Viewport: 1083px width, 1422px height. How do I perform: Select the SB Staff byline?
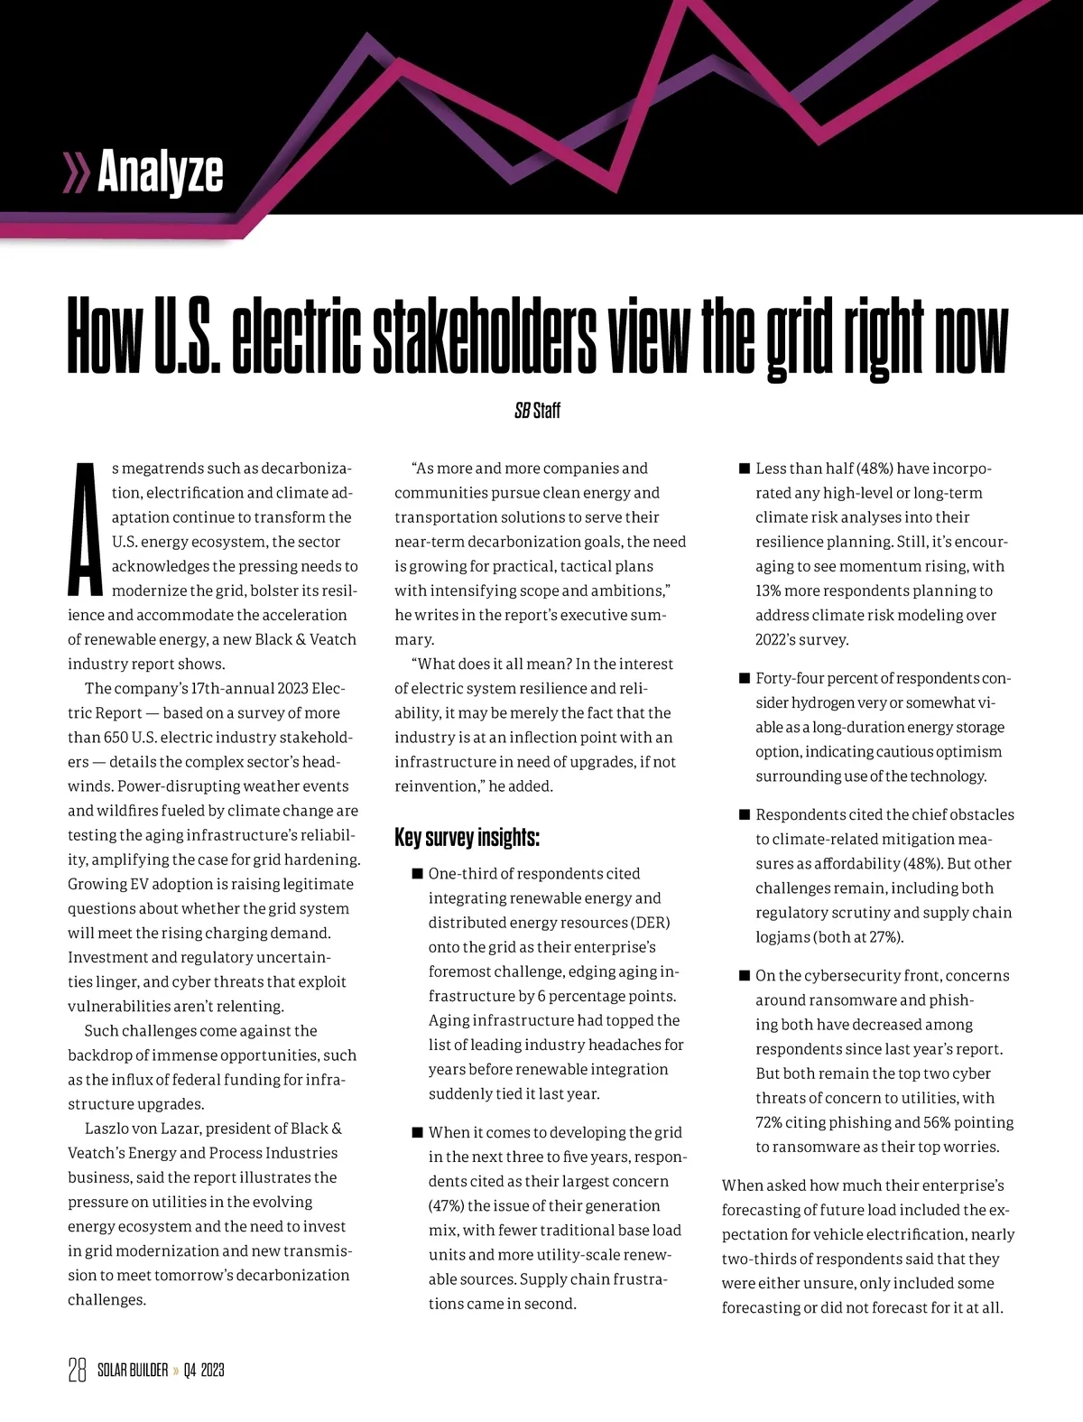click(537, 411)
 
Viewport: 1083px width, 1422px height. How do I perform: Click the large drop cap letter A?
click(84, 529)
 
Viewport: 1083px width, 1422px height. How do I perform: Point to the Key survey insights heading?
click(467, 837)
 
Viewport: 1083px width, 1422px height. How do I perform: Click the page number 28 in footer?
click(77, 1370)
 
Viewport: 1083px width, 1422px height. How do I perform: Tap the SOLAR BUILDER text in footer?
click(132, 1371)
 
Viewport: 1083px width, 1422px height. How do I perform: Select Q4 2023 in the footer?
click(203, 1371)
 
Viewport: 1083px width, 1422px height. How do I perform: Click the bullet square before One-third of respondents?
click(417, 874)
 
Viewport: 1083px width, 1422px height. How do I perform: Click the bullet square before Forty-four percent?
click(745, 678)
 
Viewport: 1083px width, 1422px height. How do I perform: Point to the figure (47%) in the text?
click(441, 1206)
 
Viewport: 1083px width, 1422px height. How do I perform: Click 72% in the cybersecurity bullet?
click(771, 1123)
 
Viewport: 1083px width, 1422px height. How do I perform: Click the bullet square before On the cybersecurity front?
click(745, 976)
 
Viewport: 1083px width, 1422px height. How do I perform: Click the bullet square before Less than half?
click(745, 469)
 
